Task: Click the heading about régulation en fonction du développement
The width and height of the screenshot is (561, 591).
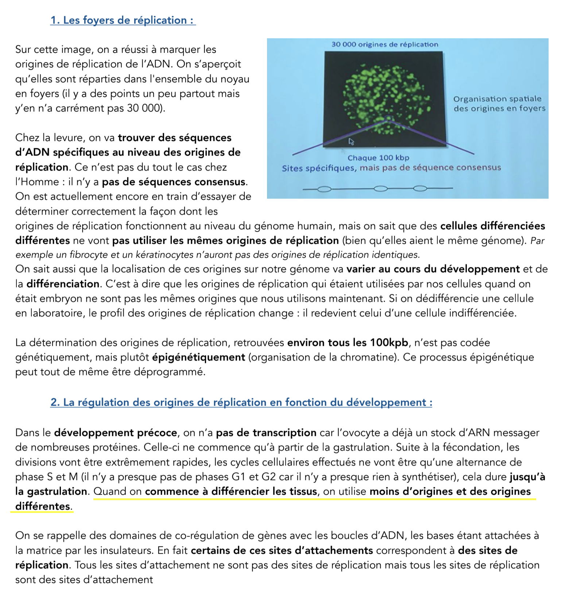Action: point(241,402)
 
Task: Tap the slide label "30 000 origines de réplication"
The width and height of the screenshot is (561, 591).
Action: point(385,45)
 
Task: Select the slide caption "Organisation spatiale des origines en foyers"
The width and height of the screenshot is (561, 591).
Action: point(499,104)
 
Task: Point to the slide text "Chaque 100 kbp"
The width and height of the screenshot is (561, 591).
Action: point(378,158)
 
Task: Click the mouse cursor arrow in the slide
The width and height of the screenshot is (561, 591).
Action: point(351,142)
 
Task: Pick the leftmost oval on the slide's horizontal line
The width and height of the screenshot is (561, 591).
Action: point(324,189)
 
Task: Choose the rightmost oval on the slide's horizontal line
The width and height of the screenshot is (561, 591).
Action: point(420,189)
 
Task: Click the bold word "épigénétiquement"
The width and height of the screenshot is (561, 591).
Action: point(198,358)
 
